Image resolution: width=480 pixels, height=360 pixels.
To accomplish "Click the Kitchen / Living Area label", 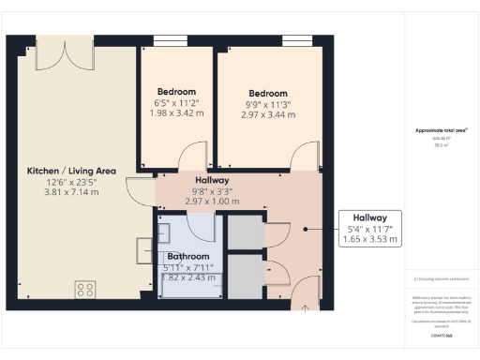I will pos(71,170).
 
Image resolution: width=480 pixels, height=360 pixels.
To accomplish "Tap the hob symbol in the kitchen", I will pos(85,289).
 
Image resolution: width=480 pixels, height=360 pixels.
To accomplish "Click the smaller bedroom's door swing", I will pos(191,157).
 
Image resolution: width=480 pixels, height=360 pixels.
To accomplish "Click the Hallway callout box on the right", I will pos(368,228).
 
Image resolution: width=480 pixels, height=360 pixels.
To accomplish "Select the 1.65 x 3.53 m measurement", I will pos(369,240).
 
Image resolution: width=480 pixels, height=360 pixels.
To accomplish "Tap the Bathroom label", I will pos(189,256).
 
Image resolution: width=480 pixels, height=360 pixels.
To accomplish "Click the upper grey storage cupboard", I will pos(246,232).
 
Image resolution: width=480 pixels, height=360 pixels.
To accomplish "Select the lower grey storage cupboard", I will pos(246,276).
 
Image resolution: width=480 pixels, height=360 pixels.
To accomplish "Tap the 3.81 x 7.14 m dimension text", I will pos(71,192).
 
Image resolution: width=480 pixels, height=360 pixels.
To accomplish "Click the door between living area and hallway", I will pos(142,192).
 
